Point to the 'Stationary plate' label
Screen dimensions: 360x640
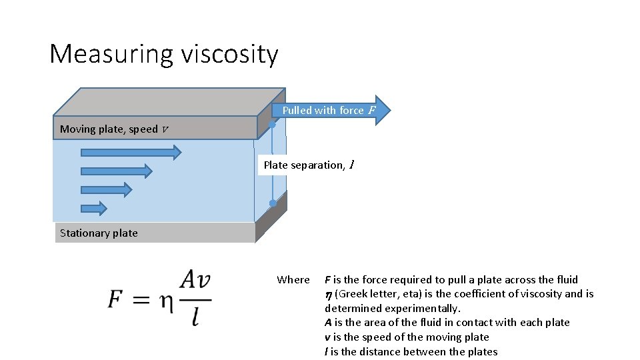coord(99,233)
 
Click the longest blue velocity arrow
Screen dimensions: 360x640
coord(131,153)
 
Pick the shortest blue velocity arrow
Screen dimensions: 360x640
coord(94,209)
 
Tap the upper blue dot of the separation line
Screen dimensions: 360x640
coord(273,125)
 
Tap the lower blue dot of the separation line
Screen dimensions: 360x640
coord(273,203)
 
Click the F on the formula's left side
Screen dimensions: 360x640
coord(117,300)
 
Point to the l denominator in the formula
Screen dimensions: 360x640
coord(195,317)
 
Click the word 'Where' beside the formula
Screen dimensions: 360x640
coord(293,280)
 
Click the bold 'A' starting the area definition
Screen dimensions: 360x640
coord(328,323)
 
